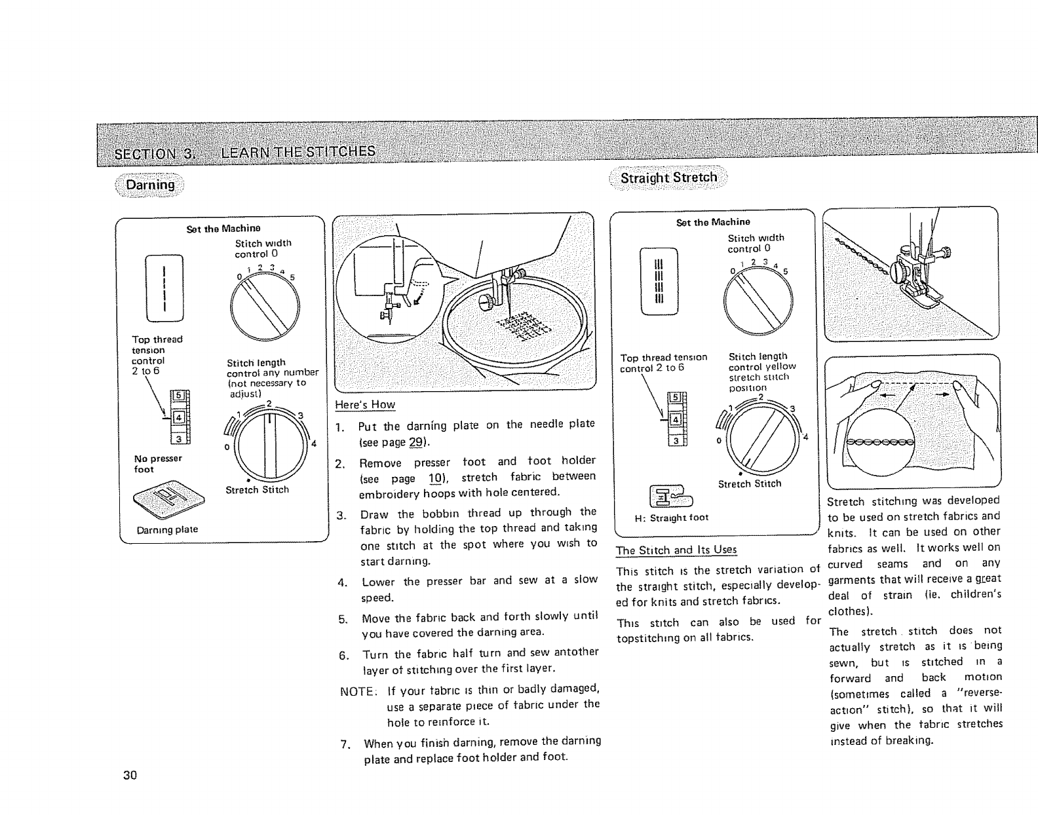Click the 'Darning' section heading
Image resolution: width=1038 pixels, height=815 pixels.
tap(150, 185)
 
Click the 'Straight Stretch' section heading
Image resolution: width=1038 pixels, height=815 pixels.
tap(668, 178)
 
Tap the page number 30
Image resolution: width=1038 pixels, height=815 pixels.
tap(130, 776)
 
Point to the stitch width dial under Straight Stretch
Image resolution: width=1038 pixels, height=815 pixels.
tap(758, 300)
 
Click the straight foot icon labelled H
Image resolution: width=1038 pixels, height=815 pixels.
tap(664, 495)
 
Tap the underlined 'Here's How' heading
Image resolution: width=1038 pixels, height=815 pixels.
tap(365, 404)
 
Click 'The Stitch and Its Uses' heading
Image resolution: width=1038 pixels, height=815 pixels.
tap(676, 550)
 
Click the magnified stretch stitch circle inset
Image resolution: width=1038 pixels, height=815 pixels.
tap(880, 442)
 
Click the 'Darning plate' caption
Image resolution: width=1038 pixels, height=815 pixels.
tap(167, 529)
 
